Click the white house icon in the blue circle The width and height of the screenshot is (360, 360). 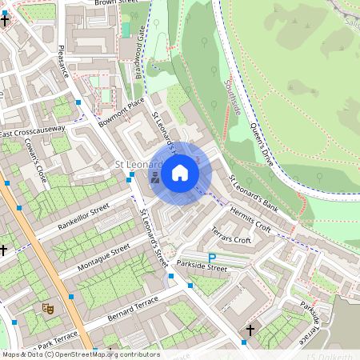180,172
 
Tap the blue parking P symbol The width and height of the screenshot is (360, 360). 212,257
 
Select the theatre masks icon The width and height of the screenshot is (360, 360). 47,306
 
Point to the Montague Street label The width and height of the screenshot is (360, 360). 102,256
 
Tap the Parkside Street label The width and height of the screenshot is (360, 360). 202,267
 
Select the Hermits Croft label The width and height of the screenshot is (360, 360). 250,218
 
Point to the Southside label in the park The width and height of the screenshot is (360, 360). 233,96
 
